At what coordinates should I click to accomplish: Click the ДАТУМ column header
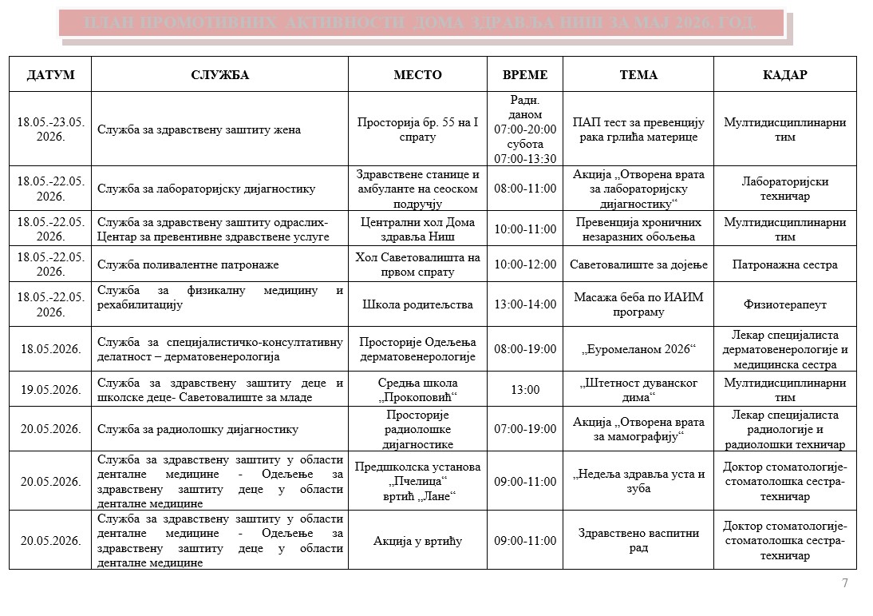pos(50,75)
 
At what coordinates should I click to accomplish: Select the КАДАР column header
pos(784,75)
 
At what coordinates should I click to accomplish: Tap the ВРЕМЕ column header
pos(525,75)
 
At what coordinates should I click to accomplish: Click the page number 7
pos(845,583)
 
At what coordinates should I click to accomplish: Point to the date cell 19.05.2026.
pos(50,390)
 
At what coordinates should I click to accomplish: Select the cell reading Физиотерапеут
pos(784,304)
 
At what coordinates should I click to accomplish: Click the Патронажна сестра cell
pos(784,264)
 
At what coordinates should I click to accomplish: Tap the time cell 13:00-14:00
pos(525,304)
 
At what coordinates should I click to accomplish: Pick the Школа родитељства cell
pos(417,304)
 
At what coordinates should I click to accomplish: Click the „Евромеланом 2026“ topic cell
pos(638,349)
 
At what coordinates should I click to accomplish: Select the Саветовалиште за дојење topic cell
pos(638,264)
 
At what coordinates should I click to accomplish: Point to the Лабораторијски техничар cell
pos(784,189)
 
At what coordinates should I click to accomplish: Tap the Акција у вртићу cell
pos(417,541)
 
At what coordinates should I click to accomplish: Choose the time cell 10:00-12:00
pos(525,264)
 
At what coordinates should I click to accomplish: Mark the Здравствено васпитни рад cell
pos(638,541)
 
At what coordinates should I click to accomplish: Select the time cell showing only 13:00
pos(525,390)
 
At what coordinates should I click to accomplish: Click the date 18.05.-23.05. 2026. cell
pos(50,129)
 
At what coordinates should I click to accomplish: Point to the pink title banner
pos(421,22)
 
